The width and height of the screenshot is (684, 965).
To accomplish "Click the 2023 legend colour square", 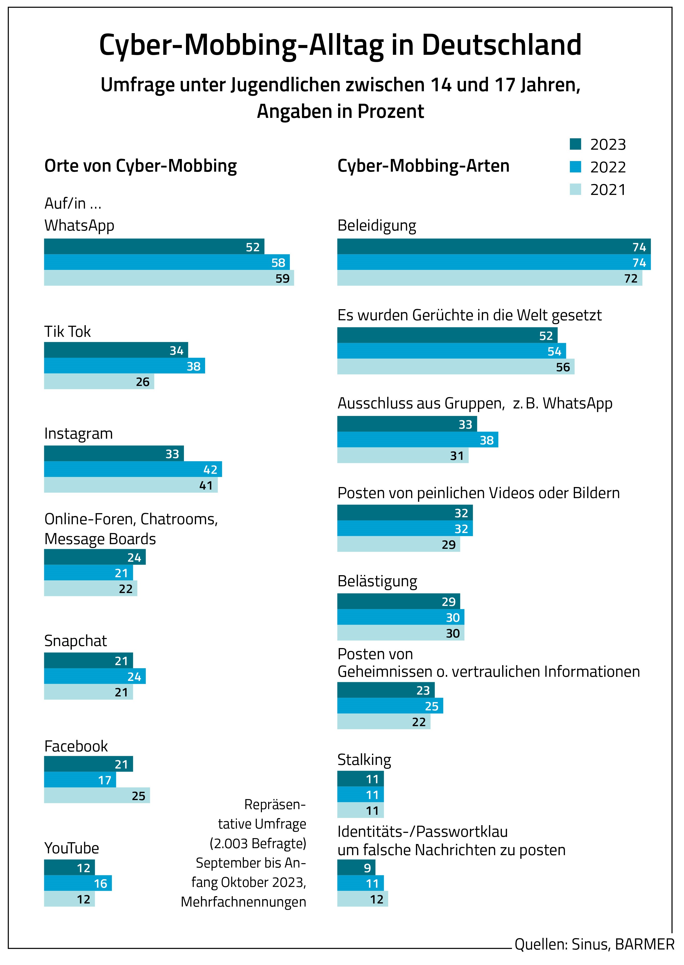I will [x=575, y=144].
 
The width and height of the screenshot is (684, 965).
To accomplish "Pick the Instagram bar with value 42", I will [x=133, y=469].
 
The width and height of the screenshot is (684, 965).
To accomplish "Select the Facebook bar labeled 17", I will [x=80, y=780].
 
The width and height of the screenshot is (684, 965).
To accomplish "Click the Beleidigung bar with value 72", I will [x=489, y=278].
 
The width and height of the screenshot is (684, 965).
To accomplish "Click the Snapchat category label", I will [x=75, y=641].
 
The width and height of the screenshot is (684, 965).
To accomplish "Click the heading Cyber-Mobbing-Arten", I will [x=423, y=166].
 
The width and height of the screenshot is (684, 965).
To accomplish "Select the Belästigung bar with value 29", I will [x=398, y=602].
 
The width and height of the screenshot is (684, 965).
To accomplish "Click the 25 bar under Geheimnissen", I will [x=390, y=706].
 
